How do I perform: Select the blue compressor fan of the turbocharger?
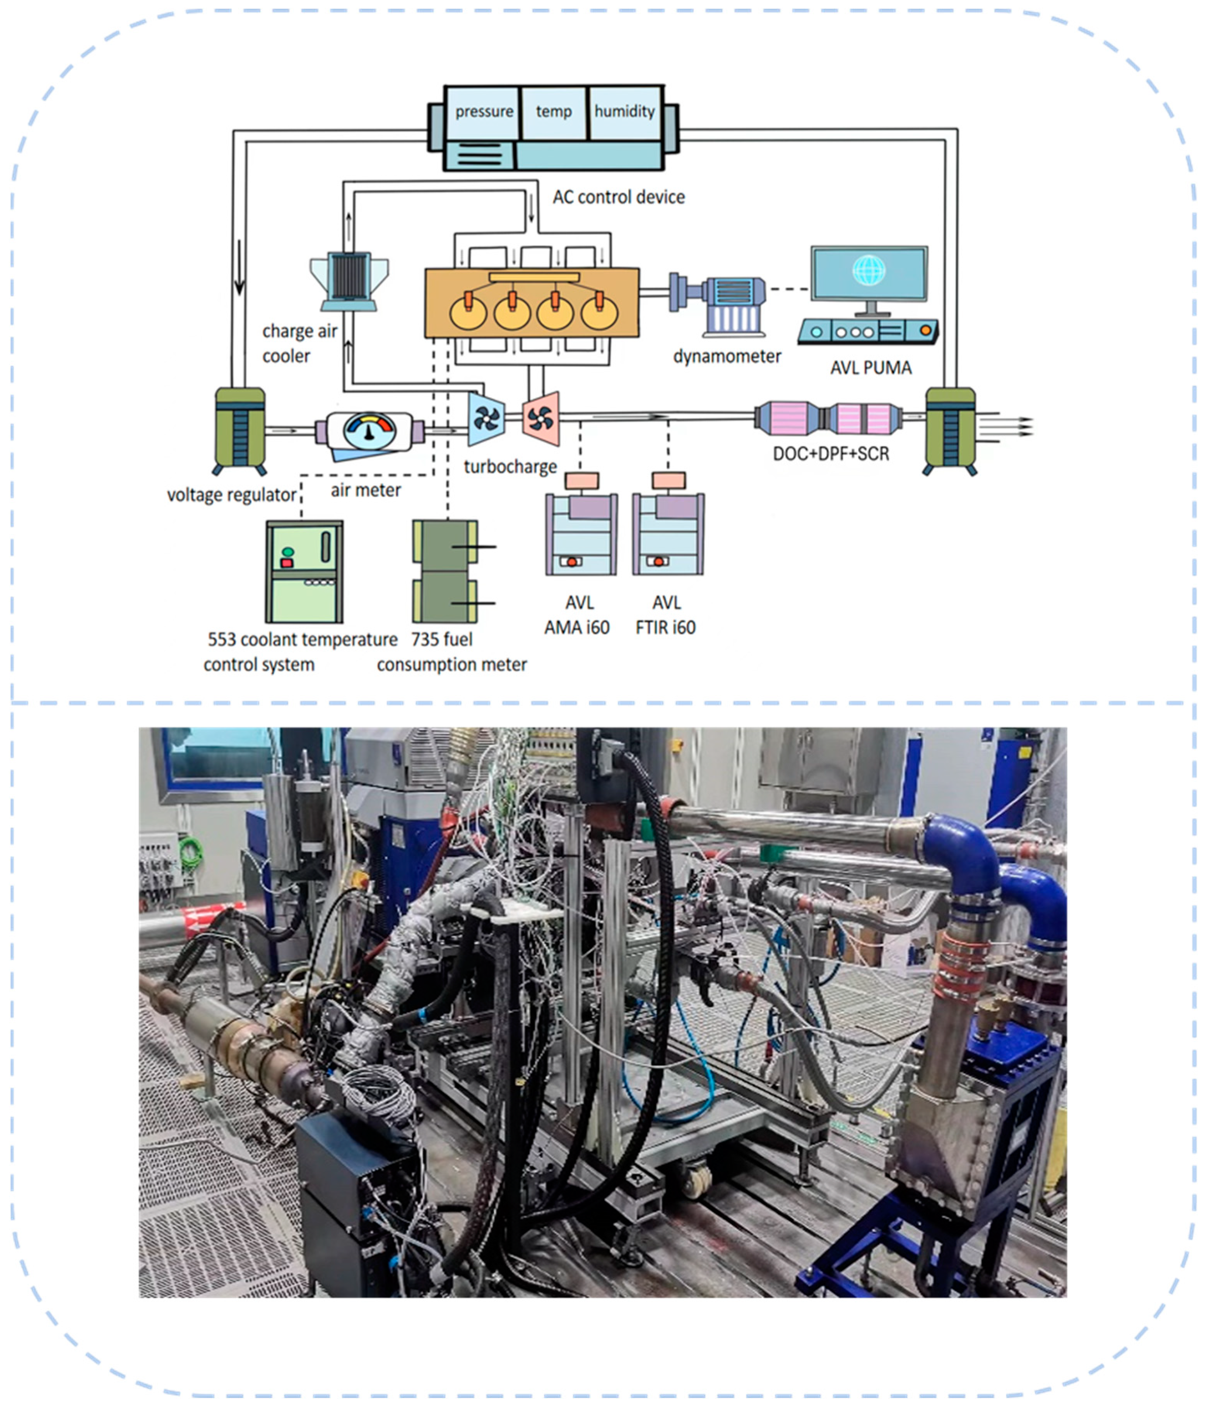click(486, 419)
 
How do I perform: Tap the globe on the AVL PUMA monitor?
click(868, 270)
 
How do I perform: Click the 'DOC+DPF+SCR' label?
click(831, 454)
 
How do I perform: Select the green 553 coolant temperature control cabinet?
click(304, 571)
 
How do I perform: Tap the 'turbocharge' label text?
click(510, 467)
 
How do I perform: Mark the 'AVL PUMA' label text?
click(870, 368)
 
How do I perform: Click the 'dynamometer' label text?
click(727, 356)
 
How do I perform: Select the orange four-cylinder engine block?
click(532, 303)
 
